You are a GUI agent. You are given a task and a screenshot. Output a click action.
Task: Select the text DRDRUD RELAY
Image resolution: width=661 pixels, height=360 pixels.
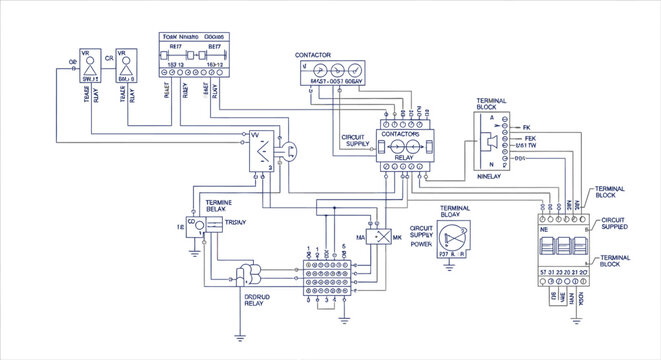click(x=259, y=302)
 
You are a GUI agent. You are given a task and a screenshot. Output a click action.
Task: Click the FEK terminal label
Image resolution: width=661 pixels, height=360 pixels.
click(x=530, y=137)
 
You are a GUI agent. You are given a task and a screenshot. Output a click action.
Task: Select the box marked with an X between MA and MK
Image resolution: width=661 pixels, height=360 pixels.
click(x=379, y=237)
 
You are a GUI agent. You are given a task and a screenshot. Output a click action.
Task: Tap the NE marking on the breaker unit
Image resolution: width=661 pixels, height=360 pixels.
click(x=546, y=229)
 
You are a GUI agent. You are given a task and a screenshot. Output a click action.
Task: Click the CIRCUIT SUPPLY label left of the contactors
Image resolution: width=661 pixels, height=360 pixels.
click(x=355, y=139)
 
